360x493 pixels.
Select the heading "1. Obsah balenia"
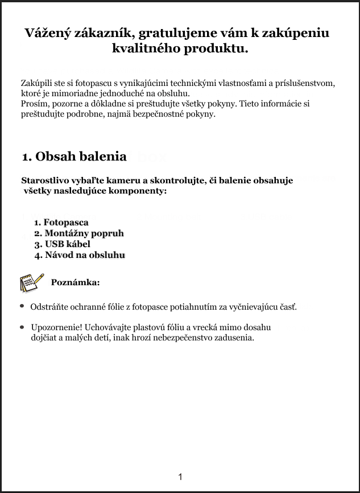click(x=74, y=156)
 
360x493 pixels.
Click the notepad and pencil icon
click(x=32, y=282)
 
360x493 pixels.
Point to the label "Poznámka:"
click(x=75, y=282)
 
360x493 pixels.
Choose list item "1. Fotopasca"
click(x=61, y=223)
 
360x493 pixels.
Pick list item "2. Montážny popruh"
click(x=78, y=233)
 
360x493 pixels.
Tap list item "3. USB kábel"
click(x=62, y=244)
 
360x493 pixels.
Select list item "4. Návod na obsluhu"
click(x=79, y=255)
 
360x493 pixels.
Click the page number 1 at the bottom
click(x=180, y=476)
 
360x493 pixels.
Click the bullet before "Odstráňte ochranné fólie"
click(x=22, y=306)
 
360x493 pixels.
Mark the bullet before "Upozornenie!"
click(x=22, y=327)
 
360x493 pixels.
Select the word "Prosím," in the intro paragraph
click(x=35, y=104)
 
